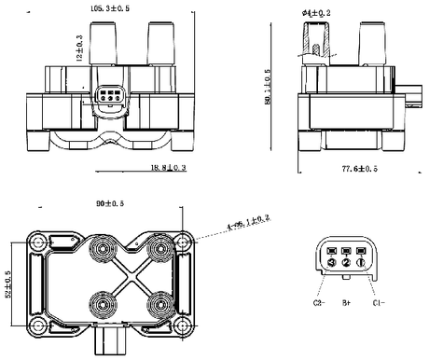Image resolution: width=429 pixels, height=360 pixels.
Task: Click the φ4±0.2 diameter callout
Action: point(317,11)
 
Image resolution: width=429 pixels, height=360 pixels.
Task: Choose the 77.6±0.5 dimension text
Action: point(357,168)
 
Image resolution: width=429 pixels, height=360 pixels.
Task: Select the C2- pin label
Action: point(317,303)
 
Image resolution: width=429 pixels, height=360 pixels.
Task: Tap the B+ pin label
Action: point(346,303)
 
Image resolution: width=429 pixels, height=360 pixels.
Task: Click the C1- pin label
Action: point(379,303)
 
